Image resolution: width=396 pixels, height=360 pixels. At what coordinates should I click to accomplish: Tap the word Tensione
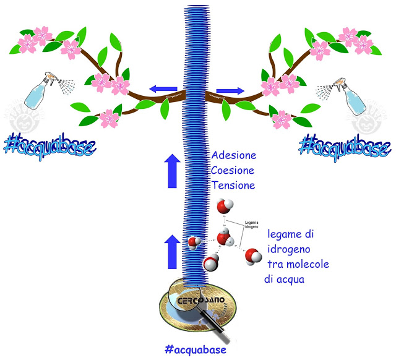pyautogui.click(x=233, y=185)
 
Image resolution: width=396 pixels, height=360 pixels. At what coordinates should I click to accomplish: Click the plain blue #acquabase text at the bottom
pyautogui.click(x=197, y=350)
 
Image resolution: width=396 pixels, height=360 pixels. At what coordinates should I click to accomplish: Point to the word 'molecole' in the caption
pyautogui.click(x=307, y=264)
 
